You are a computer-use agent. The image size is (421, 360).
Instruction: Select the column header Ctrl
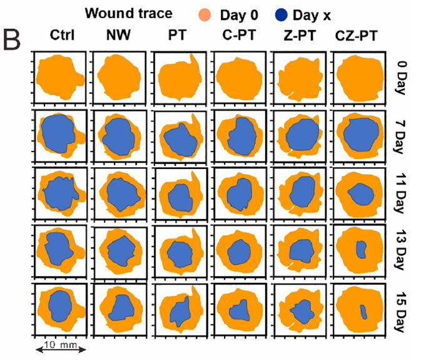click(63, 35)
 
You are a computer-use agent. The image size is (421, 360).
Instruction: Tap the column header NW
click(119, 35)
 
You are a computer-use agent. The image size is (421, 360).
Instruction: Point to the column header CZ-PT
click(358, 36)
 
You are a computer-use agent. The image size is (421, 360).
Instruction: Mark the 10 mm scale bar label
click(56, 344)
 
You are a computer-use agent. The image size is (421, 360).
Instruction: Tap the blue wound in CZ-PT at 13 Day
click(361, 249)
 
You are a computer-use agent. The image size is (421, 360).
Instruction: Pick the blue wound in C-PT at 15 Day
click(238, 309)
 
